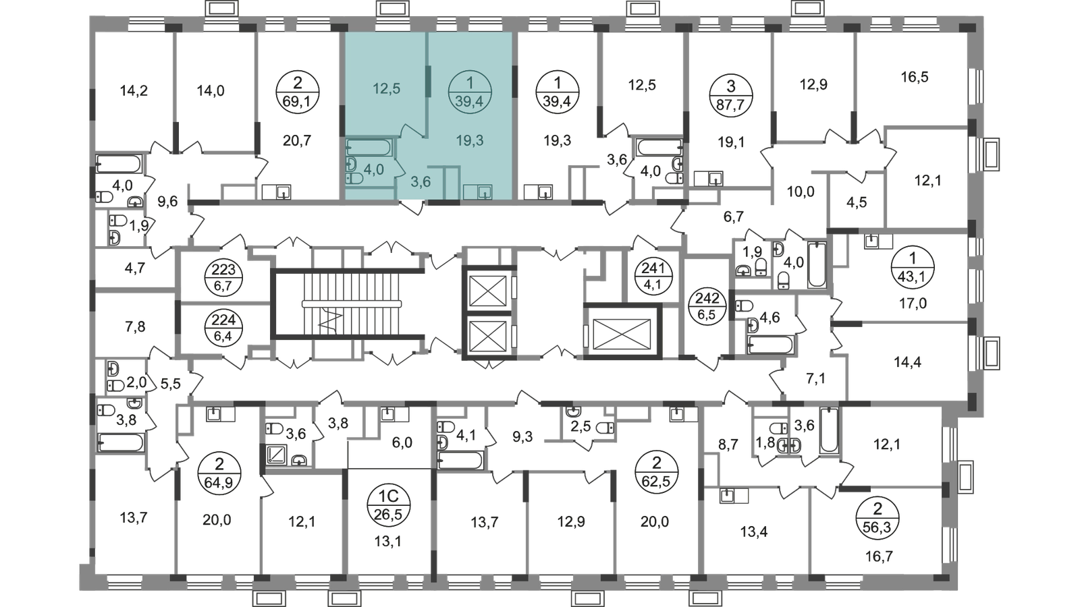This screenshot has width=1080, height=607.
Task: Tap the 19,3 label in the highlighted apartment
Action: coord(470,141)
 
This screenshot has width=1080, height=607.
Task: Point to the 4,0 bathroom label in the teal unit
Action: coord(374,169)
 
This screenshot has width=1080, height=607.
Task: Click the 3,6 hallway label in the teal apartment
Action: coord(421,181)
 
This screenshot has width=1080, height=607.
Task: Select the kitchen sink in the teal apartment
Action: coord(483,192)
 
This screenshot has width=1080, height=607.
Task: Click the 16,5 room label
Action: coord(915,79)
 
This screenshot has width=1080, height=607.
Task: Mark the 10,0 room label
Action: coord(801,192)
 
